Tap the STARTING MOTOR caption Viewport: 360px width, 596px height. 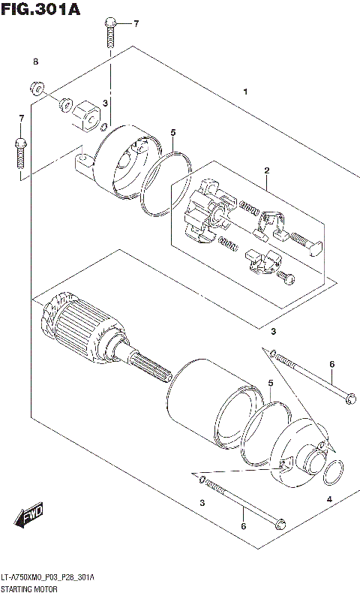pyautogui.click(x=31, y=590)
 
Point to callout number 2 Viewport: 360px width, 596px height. pyautogui.click(x=266, y=170)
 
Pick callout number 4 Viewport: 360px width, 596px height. pyautogui.click(x=328, y=499)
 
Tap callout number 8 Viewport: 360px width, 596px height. pyautogui.click(x=34, y=61)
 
